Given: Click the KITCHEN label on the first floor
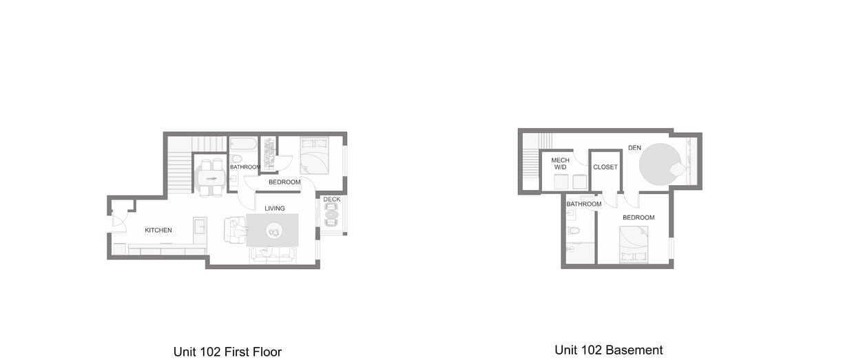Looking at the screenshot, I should [158, 230].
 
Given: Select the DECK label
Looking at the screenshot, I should [332, 200].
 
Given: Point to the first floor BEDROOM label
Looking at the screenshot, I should [284, 182].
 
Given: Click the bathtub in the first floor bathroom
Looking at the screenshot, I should [243, 145].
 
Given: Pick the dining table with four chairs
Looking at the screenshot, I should [211, 178].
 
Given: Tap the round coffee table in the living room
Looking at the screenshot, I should [274, 232].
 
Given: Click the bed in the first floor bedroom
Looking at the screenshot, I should [315, 156].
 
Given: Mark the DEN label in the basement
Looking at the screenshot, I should [635, 147].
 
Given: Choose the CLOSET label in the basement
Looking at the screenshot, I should [605, 167].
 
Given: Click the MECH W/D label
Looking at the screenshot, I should [560, 163].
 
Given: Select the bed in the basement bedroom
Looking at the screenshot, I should [634, 244].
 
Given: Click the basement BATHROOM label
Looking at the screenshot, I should [584, 204].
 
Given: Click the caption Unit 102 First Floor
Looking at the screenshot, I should [227, 352].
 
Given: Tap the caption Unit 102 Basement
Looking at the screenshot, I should [609, 350].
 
